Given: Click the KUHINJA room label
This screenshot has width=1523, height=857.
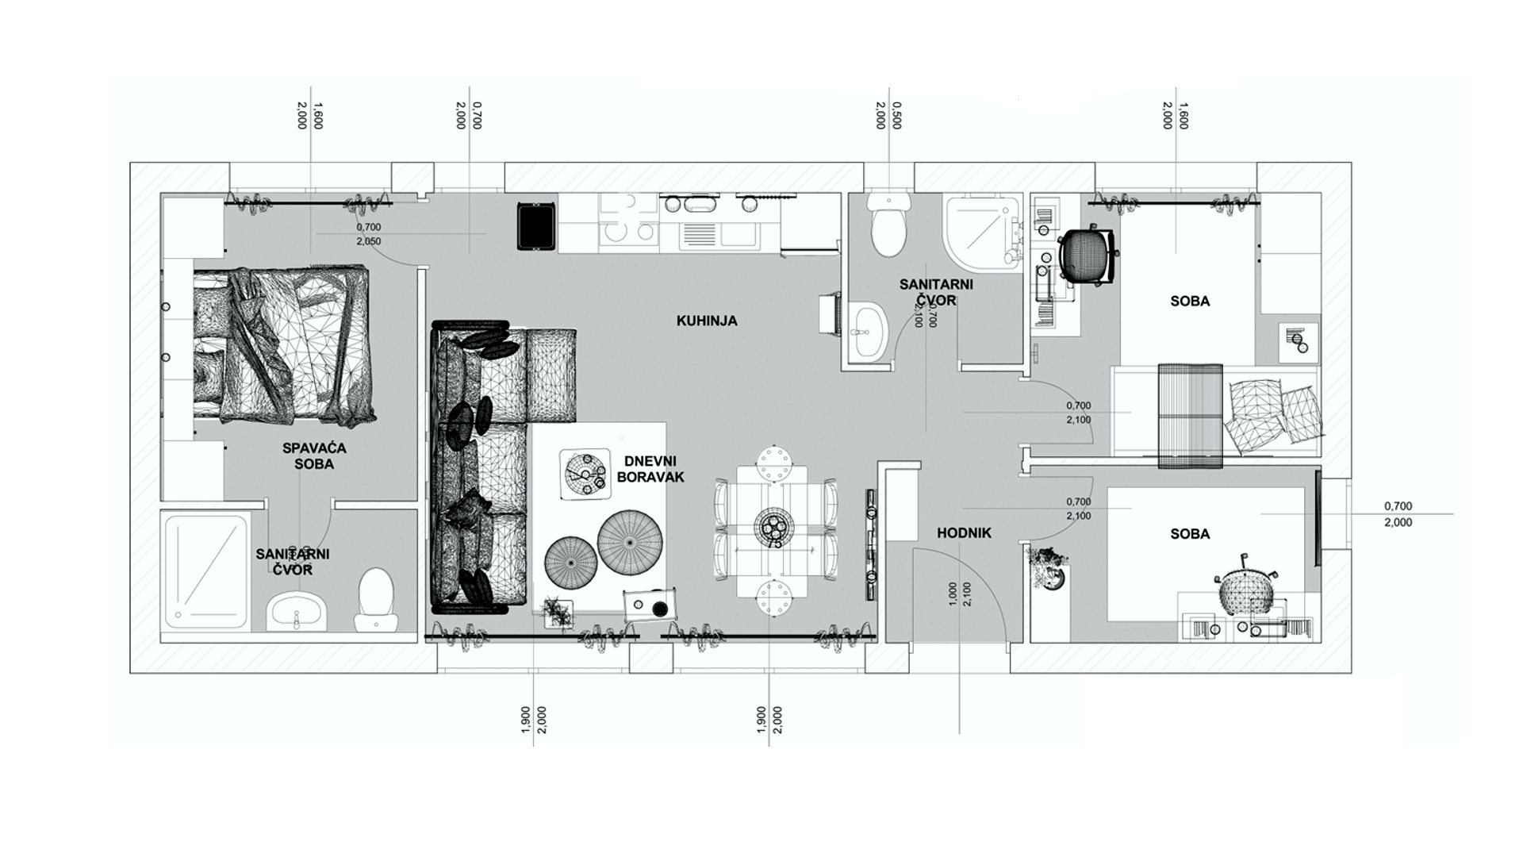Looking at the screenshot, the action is [x=707, y=321].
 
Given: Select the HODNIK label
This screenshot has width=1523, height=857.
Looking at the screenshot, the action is [x=964, y=534].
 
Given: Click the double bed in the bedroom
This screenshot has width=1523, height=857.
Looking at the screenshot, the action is [x=283, y=343].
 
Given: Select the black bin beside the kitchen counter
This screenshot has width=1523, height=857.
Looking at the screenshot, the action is [x=537, y=226].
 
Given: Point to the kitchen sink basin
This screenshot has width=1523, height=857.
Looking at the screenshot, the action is [x=699, y=236].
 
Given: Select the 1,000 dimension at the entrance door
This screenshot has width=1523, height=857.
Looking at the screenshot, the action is [x=953, y=594].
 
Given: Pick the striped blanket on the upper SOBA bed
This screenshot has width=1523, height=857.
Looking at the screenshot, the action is [x=1190, y=415].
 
